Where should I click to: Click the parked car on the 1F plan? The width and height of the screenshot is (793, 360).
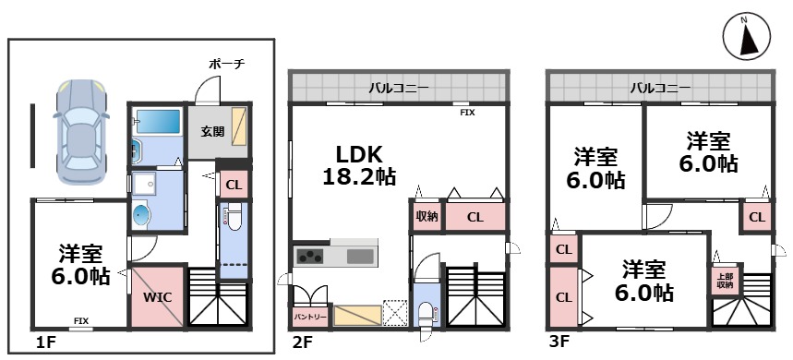pyautogui.click(x=81, y=131)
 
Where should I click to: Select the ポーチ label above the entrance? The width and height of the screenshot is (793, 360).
pyautogui.click(x=227, y=65)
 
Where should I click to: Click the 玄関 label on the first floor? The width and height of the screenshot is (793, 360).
pyautogui.click(x=212, y=131)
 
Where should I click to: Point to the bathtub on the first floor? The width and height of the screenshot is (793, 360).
pyautogui.click(x=159, y=122)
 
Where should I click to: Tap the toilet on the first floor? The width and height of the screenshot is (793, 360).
pyautogui.click(x=234, y=217)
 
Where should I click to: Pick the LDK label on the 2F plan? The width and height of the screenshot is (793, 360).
pyautogui.click(x=358, y=154)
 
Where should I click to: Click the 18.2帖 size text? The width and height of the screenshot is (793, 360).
pyautogui.click(x=359, y=176)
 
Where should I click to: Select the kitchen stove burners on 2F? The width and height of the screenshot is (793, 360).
pyautogui.click(x=310, y=257)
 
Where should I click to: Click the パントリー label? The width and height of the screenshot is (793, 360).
pyautogui.click(x=310, y=317)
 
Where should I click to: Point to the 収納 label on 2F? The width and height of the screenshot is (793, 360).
pyautogui.click(x=427, y=217)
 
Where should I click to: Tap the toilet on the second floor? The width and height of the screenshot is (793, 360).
pyautogui.click(x=427, y=313)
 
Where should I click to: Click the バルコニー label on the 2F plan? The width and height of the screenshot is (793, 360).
pyautogui.click(x=399, y=88)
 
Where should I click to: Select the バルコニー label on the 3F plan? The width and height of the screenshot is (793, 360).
pyautogui.click(x=660, y=88)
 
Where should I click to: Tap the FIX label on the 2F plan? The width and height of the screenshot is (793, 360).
pyautogui.click(x=467, y=114)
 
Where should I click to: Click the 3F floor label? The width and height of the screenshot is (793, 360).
pyautogui.click(x=559, y=342)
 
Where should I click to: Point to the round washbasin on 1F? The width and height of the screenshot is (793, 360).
pyautogui.click(x=142, y=215)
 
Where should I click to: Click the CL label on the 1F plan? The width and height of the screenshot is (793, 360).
pyautogui.click(x=234, y=186)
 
